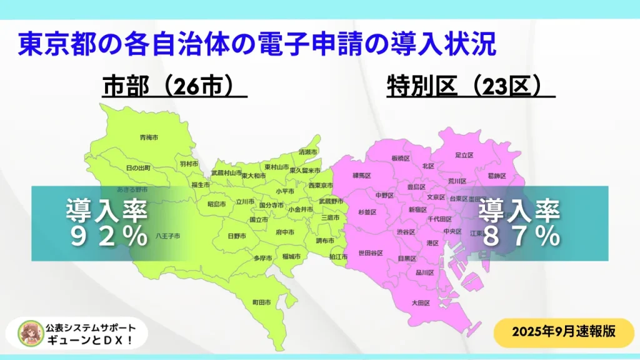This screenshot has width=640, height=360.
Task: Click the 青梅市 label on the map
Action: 149,137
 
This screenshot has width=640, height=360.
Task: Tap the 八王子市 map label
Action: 168,236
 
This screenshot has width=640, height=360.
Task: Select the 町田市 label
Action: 261,302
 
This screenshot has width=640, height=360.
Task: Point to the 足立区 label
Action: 464,154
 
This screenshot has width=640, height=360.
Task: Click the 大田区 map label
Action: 419,303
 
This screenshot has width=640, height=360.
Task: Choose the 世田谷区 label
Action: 370,252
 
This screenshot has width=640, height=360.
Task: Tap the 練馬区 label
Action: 362,176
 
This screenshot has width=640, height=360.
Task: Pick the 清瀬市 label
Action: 308,152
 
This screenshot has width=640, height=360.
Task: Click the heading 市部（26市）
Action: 173,87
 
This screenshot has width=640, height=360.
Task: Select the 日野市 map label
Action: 236,236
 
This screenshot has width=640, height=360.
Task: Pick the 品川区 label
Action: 424,272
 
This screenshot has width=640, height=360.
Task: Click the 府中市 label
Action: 284,231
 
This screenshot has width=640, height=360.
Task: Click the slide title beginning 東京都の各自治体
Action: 257,44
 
